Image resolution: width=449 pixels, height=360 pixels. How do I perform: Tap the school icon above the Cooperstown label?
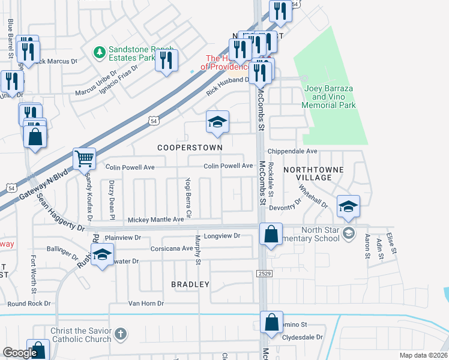pos(217,122)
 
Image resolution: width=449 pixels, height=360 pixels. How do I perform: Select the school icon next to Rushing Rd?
pos(103,256)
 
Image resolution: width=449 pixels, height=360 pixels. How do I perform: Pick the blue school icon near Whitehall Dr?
pos(348,206)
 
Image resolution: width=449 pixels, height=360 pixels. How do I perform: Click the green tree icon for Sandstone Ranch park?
pos(100,53)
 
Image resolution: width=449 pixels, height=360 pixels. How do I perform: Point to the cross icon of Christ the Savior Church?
pos(120,334)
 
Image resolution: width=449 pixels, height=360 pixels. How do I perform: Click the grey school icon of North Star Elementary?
pos(348,232)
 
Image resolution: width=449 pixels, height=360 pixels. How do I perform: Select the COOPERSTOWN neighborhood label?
pos(190,147)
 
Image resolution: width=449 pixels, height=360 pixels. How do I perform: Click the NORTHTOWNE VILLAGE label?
pos(313,173)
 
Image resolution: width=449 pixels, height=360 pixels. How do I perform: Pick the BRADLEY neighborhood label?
pos(190,284)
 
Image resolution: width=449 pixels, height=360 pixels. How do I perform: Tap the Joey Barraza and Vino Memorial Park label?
pos(330,97)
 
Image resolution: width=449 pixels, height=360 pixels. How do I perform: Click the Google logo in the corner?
pos(20,353)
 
